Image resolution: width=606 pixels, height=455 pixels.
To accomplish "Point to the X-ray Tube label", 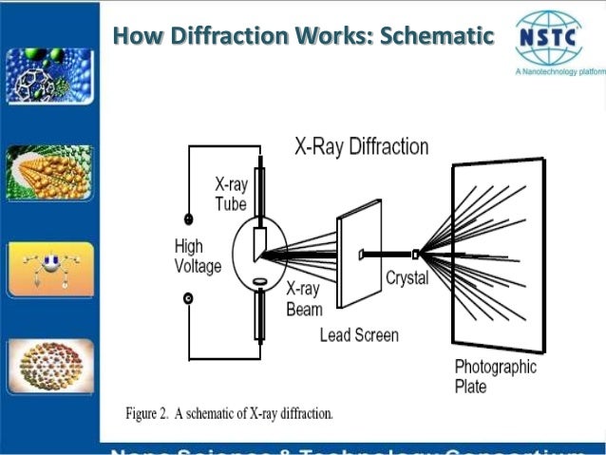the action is point(231,194).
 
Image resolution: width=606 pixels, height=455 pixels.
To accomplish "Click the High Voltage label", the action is point(197,256).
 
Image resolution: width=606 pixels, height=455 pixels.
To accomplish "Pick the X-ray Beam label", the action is point(304,299).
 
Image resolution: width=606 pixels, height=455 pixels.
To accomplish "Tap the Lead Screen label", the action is point(359,333).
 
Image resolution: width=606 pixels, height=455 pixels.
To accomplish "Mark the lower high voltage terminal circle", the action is point(188,299).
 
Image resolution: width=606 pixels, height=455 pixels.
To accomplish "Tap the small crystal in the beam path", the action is point(416,254).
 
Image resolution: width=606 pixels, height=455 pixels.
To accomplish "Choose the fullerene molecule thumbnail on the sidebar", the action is point(49,77).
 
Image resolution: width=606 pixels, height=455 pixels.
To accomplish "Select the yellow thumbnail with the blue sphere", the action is point(49,269).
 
